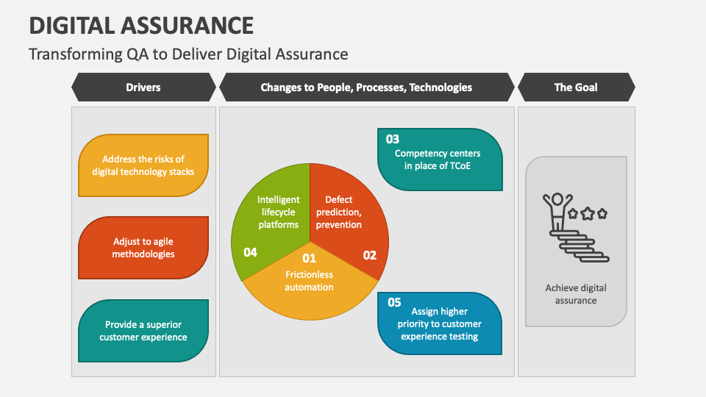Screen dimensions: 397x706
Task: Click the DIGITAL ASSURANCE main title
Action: [141, 26]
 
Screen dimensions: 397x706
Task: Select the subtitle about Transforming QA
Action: [188, 54]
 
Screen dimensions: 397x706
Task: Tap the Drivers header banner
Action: [143, 87]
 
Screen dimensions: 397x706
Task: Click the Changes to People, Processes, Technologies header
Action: [366, 87]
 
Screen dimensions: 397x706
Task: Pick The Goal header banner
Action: [576, 87]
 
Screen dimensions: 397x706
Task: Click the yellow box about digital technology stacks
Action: [143, 165]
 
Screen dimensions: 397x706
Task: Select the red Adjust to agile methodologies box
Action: [143, 248]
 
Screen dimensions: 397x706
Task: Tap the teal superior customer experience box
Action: [143, 331]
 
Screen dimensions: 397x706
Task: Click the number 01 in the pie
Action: [309, 258]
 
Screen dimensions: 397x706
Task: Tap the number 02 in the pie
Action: [369, 255]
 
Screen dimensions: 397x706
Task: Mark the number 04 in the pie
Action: [250, 252]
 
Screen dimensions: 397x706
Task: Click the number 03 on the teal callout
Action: [393, 139]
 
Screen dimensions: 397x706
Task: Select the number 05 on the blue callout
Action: [394, 302]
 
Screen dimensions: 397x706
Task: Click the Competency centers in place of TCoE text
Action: [438, 160]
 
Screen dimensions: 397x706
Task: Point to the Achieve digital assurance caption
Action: [576, 294]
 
